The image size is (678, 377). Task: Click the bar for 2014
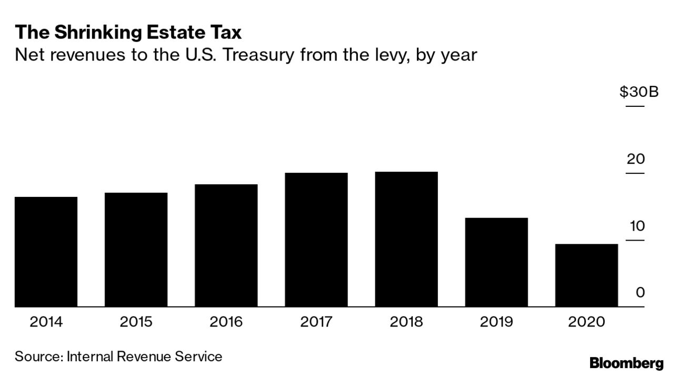coord(46,252)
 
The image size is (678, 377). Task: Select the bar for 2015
coord(136,250)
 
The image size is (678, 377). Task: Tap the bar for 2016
coord(226,245)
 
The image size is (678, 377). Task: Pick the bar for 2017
coord(316,240)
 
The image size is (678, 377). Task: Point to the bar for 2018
coord(406,239)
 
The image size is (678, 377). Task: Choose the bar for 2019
coord(496,262)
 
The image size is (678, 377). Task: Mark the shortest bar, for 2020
coord(586,275)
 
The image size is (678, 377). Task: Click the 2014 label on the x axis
coord(46,322)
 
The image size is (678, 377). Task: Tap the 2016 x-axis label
coord(226,322)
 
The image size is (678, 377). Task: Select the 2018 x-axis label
coord(406,322)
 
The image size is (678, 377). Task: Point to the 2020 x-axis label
coord(586,322)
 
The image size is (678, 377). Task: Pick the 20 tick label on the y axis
coord(635,158)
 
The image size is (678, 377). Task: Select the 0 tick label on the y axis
coord(640,293)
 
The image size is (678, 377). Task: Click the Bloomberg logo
coord(626,363)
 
